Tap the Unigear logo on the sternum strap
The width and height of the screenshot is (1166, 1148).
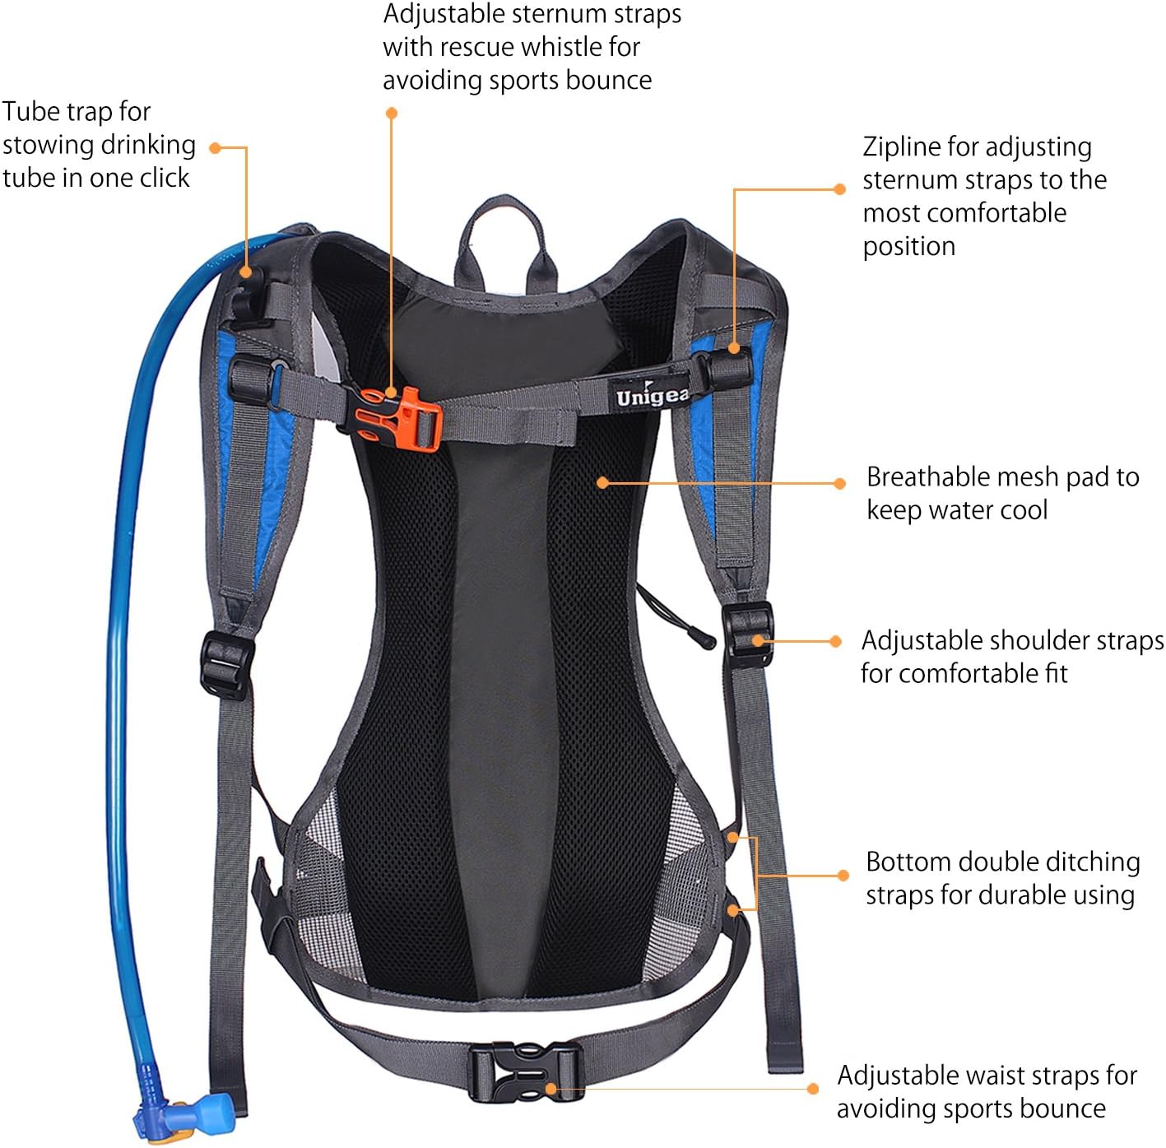tap(652, 396)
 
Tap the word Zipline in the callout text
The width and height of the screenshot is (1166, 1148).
tap(902, 146)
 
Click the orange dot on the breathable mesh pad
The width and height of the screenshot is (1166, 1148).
tap(603, 482)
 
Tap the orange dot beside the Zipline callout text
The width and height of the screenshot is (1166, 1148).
tap(839, 189)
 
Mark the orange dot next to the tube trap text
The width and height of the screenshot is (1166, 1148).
tap(215, 148)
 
